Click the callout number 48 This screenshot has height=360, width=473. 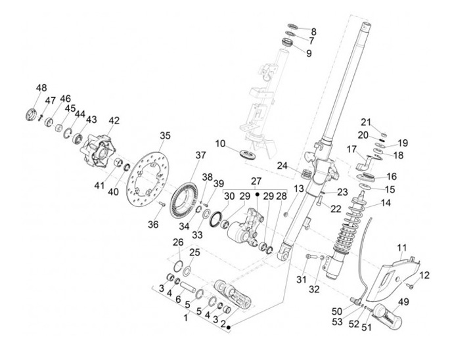point(41,88)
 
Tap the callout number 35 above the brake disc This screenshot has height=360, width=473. point(165,136)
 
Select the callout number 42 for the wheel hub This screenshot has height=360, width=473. point(114,121)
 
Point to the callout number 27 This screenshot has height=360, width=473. point(257,181)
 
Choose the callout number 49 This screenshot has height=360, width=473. point(403,302)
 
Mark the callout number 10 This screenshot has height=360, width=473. point(221,143)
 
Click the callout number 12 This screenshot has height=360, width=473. point(424,275)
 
